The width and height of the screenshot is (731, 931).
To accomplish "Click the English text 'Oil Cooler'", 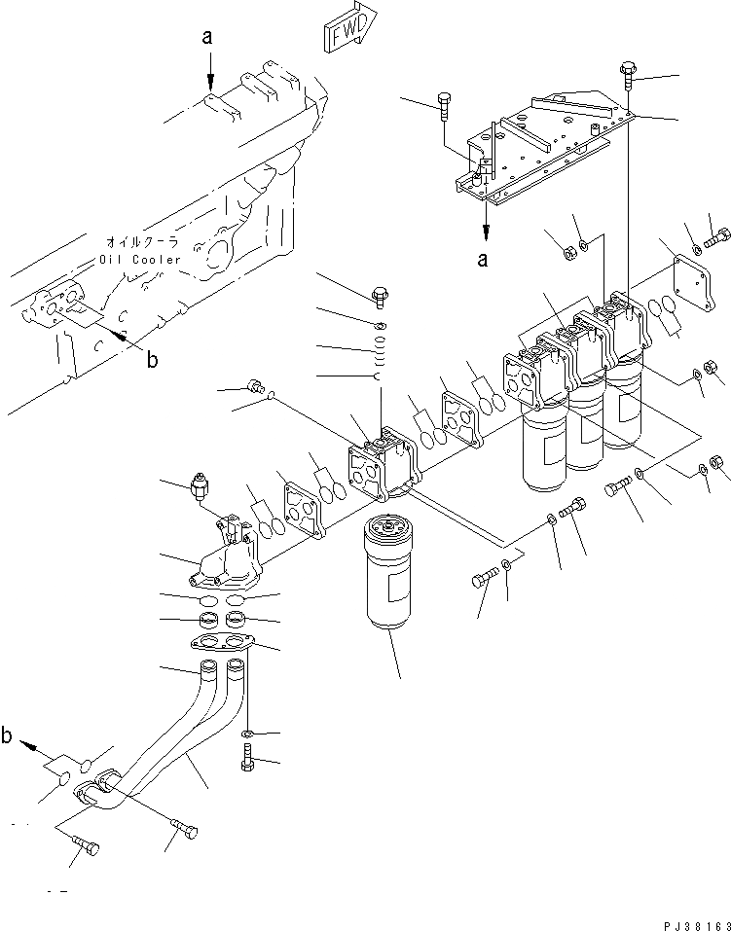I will (139, 260).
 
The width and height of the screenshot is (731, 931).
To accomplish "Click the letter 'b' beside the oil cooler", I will (151, 359).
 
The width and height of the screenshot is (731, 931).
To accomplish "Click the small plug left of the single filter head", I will (257, 386).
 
